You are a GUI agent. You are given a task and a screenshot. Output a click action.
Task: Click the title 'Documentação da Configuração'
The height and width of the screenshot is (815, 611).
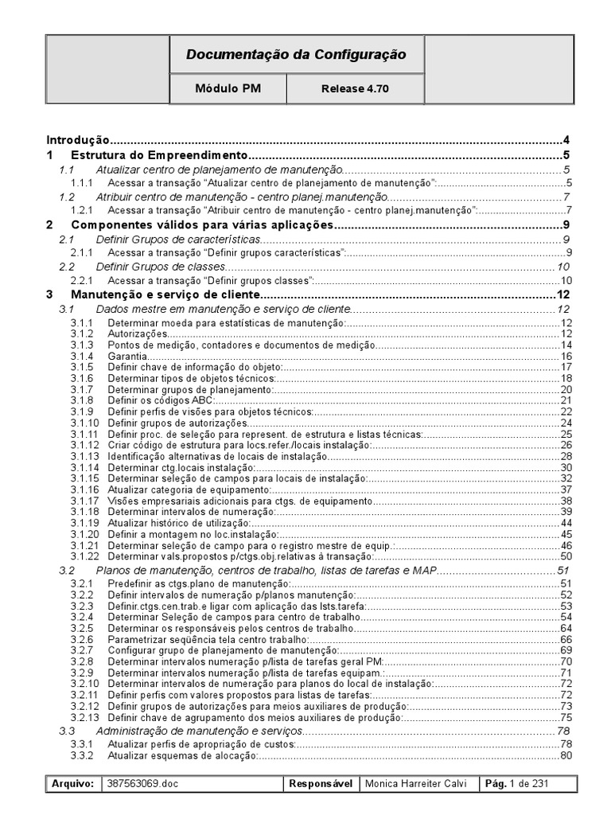[296, 55]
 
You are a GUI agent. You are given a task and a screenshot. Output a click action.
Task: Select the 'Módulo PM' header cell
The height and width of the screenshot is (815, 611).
[228, 89]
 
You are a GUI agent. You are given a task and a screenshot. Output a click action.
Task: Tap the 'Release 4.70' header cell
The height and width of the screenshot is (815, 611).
[356, 89]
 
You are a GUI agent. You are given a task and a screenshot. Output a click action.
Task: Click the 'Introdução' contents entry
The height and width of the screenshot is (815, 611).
[78, 139]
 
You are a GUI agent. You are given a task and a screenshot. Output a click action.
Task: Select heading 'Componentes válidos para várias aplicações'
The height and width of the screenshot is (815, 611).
[201, 226]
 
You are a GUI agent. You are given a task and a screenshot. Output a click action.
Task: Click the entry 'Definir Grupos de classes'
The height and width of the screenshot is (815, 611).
[161, 267]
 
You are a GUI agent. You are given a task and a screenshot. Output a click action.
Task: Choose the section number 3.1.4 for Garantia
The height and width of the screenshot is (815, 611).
[81, 357]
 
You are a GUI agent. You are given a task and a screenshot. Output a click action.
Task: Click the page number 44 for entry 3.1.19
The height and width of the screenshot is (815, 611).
[566, 523]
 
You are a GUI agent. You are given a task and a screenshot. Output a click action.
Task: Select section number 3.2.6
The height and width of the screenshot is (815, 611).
[81, 639]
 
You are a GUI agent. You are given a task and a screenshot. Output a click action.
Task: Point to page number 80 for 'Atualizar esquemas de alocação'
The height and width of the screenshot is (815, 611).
[566, 755]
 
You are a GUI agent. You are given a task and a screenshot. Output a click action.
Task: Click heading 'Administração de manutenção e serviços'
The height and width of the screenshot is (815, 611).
[199, 731]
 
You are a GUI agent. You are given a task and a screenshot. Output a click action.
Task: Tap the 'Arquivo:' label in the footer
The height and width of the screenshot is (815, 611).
[73, 784]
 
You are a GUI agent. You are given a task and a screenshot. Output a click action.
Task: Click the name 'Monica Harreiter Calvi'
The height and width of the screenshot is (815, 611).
[419, 784]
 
